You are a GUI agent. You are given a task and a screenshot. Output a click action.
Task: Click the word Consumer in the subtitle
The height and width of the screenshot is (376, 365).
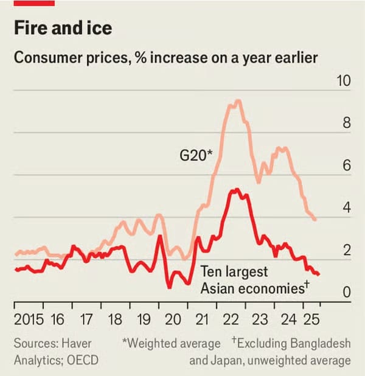(44, 58)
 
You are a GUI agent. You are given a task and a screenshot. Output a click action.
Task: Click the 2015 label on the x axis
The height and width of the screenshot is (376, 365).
(29, 319)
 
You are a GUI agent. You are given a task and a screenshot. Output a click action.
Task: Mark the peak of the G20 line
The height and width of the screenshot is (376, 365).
(238, 101)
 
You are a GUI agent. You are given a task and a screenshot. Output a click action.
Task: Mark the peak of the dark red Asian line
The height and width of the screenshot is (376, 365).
(235, 190)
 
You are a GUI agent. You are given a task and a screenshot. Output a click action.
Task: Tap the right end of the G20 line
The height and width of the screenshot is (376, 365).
(315, 219)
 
